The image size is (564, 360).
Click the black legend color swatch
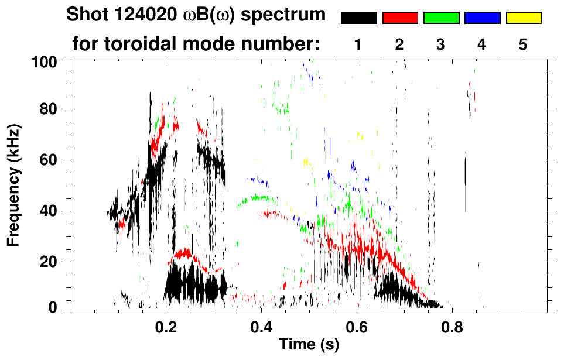point(359,18)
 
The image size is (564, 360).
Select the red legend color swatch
point(400,18)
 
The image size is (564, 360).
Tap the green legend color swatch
point(441,18)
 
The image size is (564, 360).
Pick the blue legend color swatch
point(482,18)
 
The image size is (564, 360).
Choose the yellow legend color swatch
point(523,18)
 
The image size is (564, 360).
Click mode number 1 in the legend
point(358,44)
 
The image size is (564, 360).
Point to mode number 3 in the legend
point(441,44)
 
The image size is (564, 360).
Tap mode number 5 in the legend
point(523,44)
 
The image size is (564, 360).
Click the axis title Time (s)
point(308,345)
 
